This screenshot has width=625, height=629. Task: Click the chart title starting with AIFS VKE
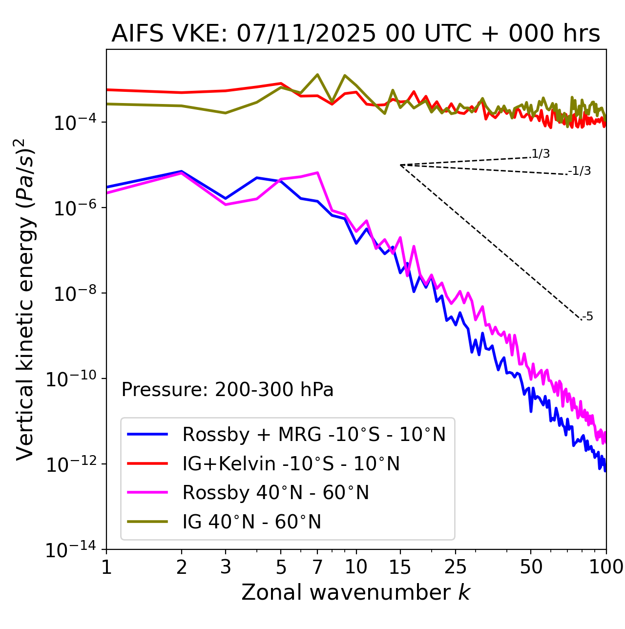[355, 34]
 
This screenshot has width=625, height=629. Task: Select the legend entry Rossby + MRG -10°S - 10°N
[313, 434]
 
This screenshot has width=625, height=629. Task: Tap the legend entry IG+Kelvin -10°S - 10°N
[291, 463]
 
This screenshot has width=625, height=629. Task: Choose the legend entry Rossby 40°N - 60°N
[275, 493]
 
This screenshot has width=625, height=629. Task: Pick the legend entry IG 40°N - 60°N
[251, 522]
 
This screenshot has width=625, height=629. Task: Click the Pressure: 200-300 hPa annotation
[227, 390]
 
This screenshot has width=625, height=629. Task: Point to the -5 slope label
[587, 317]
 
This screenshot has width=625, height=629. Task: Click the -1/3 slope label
[580, 171]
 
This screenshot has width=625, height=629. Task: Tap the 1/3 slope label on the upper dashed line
[541, 154]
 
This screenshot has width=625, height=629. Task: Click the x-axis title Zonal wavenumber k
[355, 592]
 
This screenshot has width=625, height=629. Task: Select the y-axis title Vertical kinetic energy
[25, 299]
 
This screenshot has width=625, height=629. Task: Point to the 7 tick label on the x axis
[317, 567]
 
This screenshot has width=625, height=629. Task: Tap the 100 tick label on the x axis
[606, 567]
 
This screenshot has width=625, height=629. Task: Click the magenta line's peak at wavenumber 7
[317, 172]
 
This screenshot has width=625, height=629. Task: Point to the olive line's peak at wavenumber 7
[317, 75]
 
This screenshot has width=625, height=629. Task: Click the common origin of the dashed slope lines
[400, 165]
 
